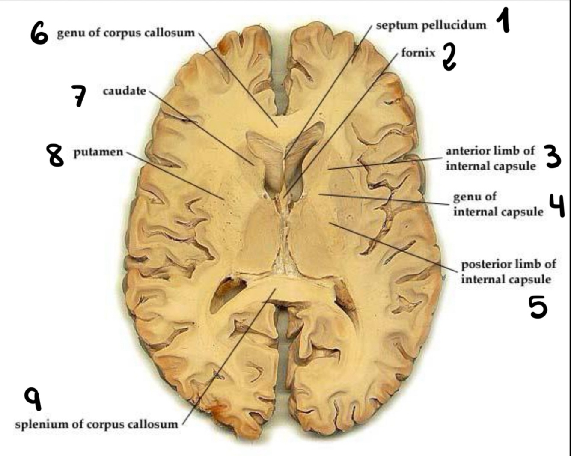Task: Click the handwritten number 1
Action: [504, 21]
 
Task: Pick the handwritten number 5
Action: [538, 307]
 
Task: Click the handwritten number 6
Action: [39, 33]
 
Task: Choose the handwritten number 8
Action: [56, 155]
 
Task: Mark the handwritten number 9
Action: [33, 398]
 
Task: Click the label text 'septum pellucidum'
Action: [431, 25]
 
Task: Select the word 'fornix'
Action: [418, 53]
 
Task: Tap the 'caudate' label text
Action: [124, 91]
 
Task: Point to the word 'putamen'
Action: [98, 152]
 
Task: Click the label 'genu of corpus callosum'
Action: [126, 33]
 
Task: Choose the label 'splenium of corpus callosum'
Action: [96, 424]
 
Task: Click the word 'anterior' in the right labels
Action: [467, 151]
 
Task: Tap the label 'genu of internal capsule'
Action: [498, 204]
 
